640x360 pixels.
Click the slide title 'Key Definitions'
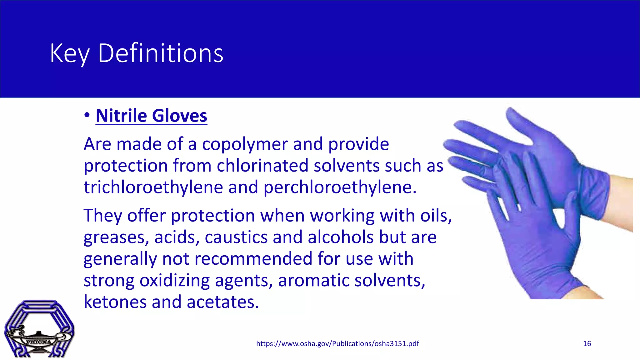point(137,53)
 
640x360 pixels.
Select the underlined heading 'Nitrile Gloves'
point(151,116)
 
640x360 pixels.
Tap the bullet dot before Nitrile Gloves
point(87,115)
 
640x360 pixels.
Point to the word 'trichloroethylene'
point(153,187)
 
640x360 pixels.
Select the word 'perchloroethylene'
point(340,187)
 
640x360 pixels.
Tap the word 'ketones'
point(115,302)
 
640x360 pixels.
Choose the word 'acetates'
point(223,302)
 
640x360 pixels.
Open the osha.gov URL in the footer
point(337,344)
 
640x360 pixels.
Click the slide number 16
point(587,344)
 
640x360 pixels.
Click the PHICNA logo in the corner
point(39,329)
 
